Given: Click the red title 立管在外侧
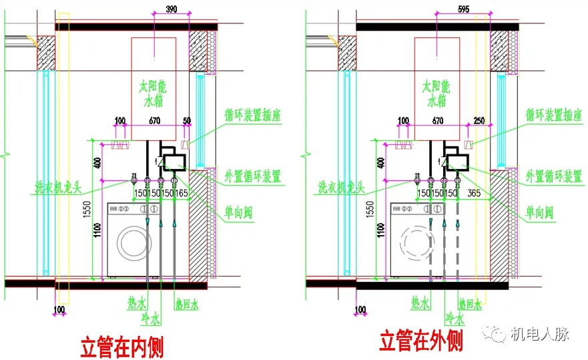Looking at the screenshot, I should click(421, 342).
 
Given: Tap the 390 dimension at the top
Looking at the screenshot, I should click(171, 9).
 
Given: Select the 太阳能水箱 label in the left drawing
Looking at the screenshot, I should click(154, 94).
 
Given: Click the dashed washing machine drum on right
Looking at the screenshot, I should click(414, 243).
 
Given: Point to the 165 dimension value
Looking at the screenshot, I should click(182, 193).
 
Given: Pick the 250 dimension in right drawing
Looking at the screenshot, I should click(479, 121).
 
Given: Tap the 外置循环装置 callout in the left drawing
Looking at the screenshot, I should click(253, 176).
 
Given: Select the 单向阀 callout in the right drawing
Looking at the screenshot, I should click(539, 213).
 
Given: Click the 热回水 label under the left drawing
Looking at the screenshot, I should click(186, 305).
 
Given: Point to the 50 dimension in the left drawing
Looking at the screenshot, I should click(186, 121).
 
